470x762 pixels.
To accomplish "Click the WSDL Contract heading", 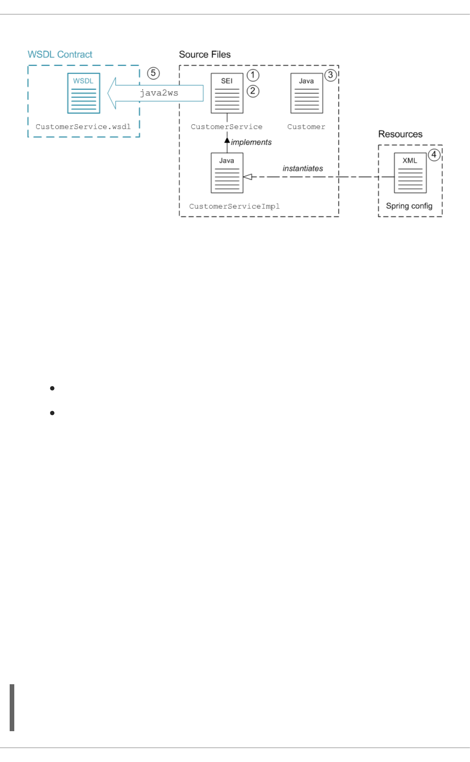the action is click(x=60, y=54).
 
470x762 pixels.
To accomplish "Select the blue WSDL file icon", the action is click(x=83, y=93).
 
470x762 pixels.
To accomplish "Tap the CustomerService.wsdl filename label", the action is click(x=83, y=127).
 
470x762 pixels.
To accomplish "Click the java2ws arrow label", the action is click(x=159, y=93).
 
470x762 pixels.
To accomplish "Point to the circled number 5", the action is click(x=153, y=73).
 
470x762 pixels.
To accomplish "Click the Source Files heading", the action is click(x=205, y=54).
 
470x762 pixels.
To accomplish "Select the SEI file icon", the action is click(x=227, y=93).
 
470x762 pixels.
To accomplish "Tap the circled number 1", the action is click(x=253, y=75).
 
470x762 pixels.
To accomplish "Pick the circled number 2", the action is click(x=253, y=91).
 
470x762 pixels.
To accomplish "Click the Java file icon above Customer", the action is click(x=306, y=93).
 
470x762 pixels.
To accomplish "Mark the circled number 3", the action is click(x=330, y=75).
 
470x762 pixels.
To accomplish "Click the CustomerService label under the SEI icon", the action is click(x=227, y=127).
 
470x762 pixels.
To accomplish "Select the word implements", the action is click(x=251, y=142).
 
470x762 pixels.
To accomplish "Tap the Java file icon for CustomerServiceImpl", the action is click(x=227, y=173).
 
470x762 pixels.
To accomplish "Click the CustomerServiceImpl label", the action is click(x=234, y=206).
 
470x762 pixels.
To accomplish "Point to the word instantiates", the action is click(x=303, y=168).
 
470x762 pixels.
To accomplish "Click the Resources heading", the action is click(x=400, y=134).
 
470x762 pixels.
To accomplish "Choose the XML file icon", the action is click(x=410, y=173).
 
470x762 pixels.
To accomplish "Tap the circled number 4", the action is click(x=434, y=155).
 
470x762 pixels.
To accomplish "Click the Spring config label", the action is click(x=409, y=206).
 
